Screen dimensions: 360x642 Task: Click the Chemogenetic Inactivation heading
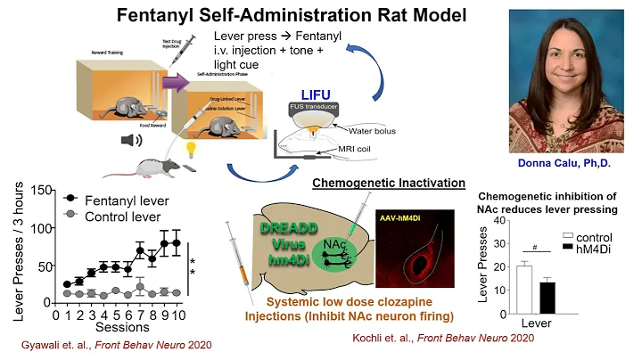388,184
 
